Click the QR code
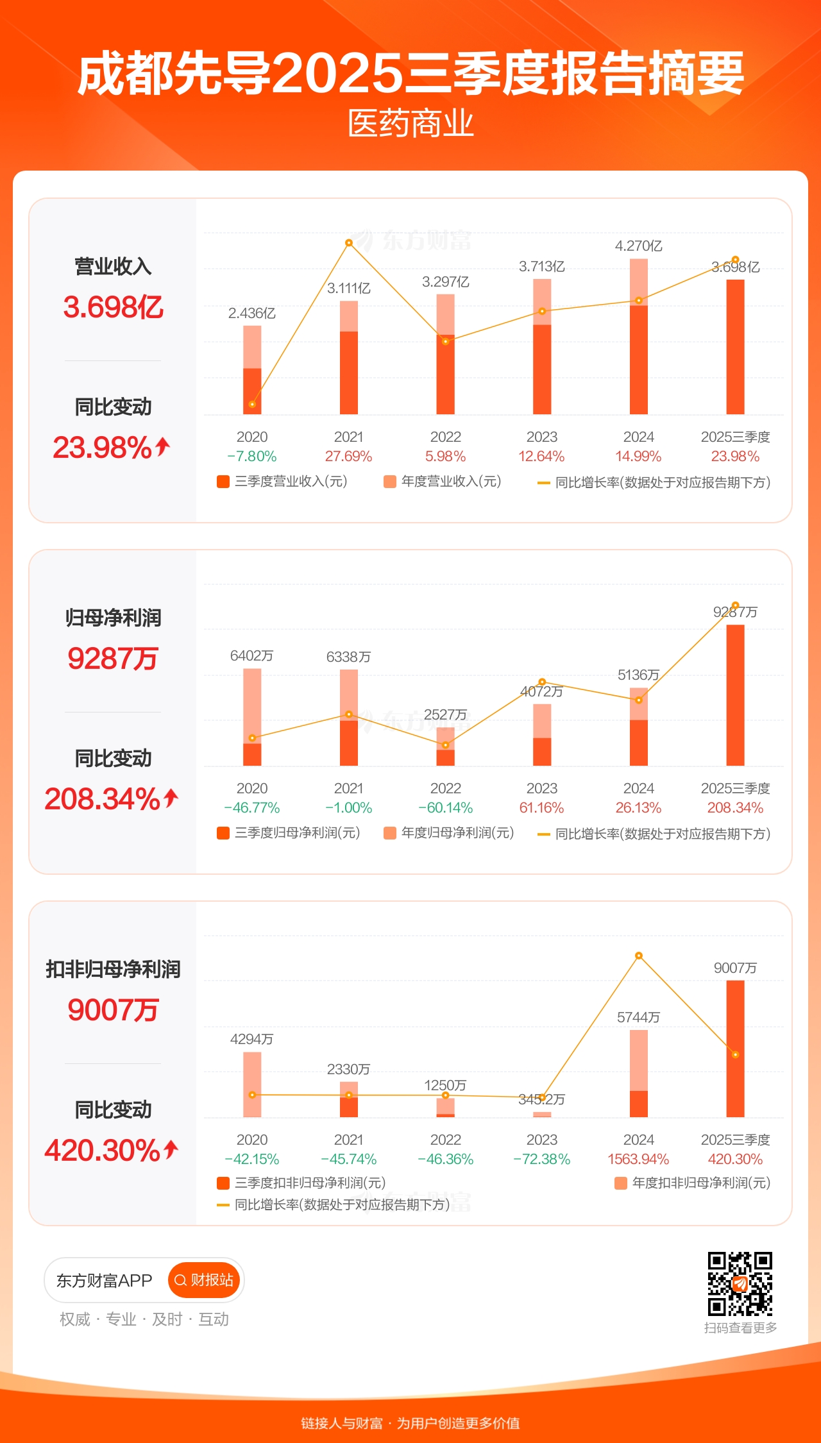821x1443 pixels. coord(740,1283)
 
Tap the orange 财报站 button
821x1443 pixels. coord(204,1280)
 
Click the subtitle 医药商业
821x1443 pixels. coord(410,123)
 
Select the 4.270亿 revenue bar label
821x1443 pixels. coord(638,246)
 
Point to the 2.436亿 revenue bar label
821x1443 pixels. coord(252,313)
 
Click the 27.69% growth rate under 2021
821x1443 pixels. coord(348,456)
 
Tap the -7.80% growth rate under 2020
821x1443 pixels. coord(252,456)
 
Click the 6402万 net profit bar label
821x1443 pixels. coord(252,655)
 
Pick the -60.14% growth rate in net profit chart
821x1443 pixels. coord(445,807)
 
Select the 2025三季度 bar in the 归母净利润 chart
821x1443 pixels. coord(735,695)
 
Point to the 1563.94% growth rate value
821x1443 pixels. coord(638,1159)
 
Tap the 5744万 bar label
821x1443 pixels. coord(638,1017)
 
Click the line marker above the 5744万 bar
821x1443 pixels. coord(639,956)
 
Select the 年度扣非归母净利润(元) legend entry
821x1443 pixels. coord(693,1183)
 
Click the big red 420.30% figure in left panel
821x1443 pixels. coord(103,1151)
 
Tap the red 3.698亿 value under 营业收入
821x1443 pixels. coord(113,307)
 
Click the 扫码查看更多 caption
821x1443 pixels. coord(740,1328)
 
